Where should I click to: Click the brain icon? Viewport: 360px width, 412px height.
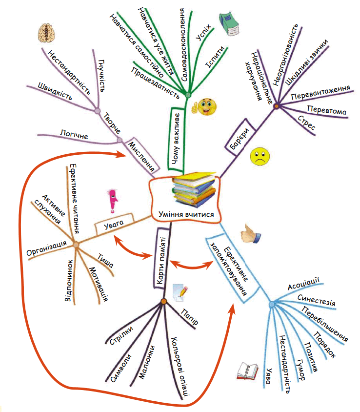coord(46,33)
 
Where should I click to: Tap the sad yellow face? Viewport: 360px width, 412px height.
coord(260,157)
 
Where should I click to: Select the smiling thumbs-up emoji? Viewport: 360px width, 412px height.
coord(205,107)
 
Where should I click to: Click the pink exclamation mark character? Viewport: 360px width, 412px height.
coord(113,200)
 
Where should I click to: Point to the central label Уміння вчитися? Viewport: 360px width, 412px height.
coord(186,214)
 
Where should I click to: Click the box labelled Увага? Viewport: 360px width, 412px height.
coord(114,224)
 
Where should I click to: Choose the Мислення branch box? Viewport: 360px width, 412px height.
coord(143,155)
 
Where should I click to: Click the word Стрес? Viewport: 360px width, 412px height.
coord(306,123)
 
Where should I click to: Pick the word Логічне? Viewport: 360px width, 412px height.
coord(74,134)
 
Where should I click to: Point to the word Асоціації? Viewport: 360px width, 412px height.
coord(303,284)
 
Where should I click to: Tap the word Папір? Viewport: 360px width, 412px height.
coord(189,317)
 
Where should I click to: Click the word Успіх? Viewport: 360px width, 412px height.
coord(203,32)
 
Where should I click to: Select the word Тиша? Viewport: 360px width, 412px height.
coord(105,261)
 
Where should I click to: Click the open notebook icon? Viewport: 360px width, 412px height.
coord(247,371)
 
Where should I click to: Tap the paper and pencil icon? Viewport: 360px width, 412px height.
coord(180,292)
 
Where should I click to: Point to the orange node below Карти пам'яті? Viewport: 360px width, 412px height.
coord(164,301)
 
